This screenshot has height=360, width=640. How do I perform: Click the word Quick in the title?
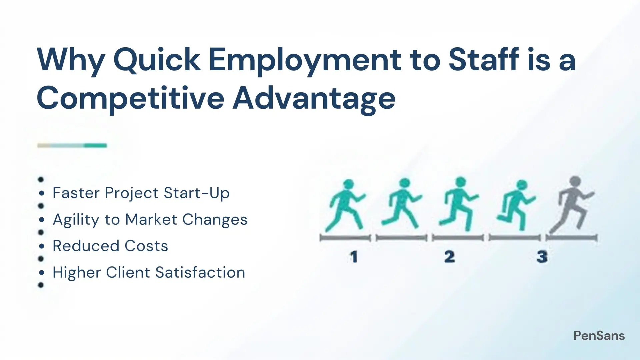pyautogui.click(x=157, y=60)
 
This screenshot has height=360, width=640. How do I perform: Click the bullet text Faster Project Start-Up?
pyautogui.click(x=141, y=193)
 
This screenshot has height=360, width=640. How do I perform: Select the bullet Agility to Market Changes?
pyautogui.click(x=150, y=220)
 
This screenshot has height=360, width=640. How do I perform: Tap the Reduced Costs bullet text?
pyautogui.click(x=110, y=246)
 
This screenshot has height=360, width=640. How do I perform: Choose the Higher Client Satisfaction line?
pyautogui.click(x=149, y=272)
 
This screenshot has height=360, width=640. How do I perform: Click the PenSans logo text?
pyautogui.click(x=599, y=336)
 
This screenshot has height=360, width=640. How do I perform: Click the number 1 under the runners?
pyautogui.click(x=354, y=257)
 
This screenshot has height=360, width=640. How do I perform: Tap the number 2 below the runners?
pyautogui.click(x=449, y=257)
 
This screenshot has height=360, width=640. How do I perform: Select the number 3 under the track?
pyautogui.click(x=542, y=257)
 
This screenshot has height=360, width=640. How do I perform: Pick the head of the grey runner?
pyautogui.click(x=575, y=182)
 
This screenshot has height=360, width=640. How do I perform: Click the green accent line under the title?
pyautogui.click(x=72, y=145)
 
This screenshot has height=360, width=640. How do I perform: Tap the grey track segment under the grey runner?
pyautogui.click(x=572, y=238)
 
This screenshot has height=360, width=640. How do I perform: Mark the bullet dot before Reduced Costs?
pyautogui.click(x=41, y=246)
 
